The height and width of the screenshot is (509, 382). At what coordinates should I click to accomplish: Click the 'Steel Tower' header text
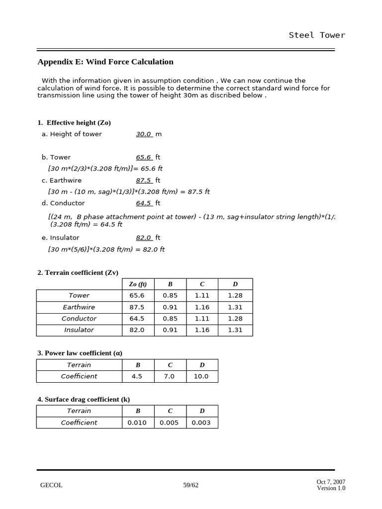317,35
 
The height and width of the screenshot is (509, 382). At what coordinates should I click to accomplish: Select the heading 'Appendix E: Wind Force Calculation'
105,62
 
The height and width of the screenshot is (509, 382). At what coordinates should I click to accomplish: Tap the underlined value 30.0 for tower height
144,134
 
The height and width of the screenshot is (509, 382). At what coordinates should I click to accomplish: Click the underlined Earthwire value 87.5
144,180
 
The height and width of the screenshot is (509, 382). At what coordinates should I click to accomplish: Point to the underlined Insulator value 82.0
144,238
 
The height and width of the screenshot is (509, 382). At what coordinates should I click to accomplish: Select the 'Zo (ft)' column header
138,284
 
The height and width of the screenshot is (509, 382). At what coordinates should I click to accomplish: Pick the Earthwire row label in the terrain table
79,307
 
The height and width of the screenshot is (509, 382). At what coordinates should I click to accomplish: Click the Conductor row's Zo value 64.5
137,319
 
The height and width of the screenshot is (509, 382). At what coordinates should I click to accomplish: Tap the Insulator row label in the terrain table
79,330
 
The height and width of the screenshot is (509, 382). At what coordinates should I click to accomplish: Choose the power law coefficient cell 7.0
169,376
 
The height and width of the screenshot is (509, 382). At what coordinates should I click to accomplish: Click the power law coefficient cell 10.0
201,376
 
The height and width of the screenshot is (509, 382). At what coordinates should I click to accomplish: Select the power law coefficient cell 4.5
137,376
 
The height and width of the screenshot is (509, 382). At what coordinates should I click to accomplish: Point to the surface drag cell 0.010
137,423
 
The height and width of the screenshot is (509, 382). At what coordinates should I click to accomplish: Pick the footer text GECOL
51,485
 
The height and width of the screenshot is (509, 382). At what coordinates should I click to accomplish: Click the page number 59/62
191,485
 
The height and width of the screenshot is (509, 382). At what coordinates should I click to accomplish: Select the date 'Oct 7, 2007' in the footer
331,482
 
